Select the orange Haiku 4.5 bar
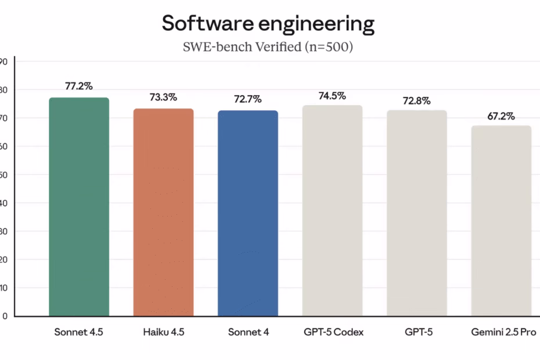[163, 212]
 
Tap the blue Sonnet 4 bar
[248, 213]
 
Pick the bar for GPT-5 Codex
[332, 210]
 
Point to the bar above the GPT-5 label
[417, 213]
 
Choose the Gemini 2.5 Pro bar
[501, 221]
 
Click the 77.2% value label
[79, 86]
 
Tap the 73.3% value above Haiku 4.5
[163, 97]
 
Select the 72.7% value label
[248, 99]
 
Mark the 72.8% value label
[417, 100]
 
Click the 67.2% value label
[501, 116]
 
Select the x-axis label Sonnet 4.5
[79, 333]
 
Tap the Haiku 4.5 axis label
[163, 333]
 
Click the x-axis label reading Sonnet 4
[248, 333]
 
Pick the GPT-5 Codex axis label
[333, 333]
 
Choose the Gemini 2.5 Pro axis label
[503, 333]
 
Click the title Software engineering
[268, 24]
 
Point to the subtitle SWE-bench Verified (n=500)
[268, 48]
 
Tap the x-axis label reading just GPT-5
[417, 333]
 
